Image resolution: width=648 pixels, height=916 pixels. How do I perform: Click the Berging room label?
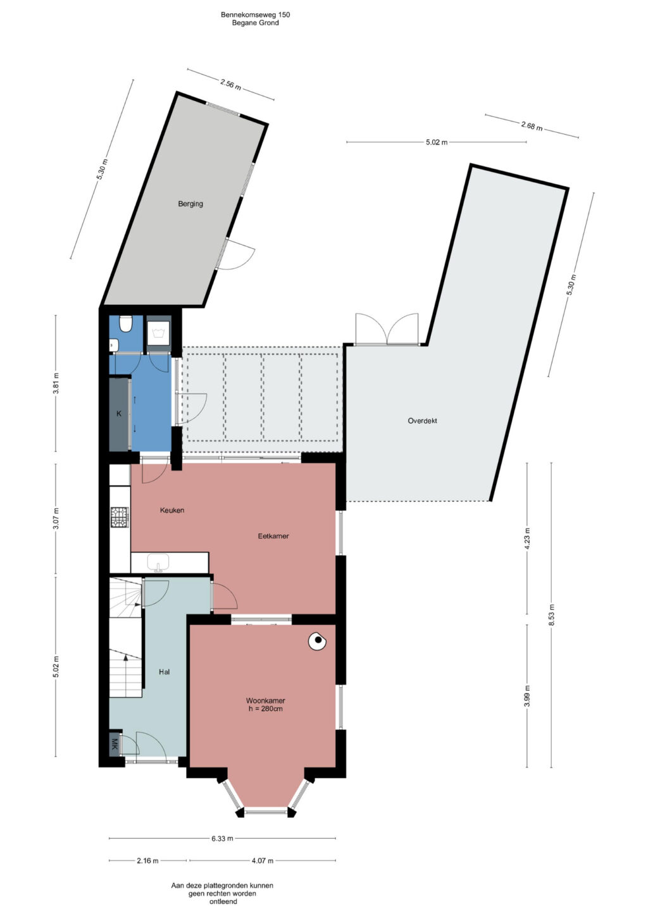tap(190, 204)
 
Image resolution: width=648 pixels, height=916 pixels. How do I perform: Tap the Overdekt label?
tap(422, 421)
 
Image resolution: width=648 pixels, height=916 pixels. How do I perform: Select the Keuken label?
tap(172, 510)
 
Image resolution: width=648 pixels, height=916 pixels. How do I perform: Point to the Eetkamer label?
tap(273, 536)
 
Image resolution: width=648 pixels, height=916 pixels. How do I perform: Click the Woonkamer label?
tap(266, 700)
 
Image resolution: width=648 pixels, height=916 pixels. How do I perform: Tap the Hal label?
tap(165, 671)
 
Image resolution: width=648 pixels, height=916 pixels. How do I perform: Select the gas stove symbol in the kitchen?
tap(120, 517)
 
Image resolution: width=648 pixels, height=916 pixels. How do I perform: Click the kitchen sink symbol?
tap(158, 562)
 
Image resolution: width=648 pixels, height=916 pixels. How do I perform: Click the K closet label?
tap(119, 414)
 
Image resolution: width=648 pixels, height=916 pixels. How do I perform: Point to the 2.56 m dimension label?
tap(231, 85)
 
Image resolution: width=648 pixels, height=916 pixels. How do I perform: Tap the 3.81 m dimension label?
tap(56, 383)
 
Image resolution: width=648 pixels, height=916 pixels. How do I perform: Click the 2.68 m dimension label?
tap(532, 126)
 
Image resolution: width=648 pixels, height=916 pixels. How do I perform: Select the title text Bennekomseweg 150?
tap(255, 15)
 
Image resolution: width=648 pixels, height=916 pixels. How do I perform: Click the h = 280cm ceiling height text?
tap(266, 709)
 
